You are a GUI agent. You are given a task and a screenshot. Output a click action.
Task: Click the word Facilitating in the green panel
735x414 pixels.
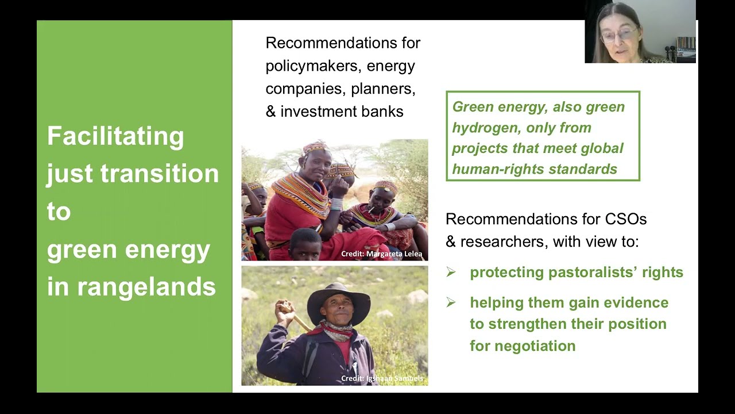pos(115,137)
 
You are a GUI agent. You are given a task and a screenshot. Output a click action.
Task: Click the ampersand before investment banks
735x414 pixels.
pos(270,112)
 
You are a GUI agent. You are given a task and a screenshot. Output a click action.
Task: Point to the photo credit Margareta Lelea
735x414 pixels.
pos(381,254)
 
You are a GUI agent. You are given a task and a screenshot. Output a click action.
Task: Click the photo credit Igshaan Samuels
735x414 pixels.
pos(382,378)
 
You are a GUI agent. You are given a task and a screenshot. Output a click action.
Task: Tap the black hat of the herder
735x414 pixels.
pos(338,298)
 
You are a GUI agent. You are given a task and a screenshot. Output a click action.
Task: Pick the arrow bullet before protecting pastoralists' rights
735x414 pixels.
pos(451,273)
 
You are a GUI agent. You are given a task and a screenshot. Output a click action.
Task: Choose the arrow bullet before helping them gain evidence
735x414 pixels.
pos(451,302)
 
